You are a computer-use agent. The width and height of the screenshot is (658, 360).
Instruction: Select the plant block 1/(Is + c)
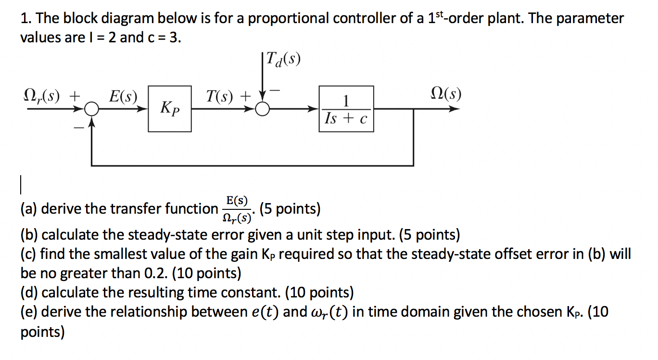pos(346,109)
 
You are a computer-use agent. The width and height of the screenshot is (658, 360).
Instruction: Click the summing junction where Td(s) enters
pos(262,110)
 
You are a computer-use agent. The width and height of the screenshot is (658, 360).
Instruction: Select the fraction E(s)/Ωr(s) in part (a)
pos(237,209)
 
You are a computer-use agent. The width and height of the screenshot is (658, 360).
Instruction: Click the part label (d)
pos(29,293)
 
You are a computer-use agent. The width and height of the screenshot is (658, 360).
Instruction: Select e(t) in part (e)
pos(264,312)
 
